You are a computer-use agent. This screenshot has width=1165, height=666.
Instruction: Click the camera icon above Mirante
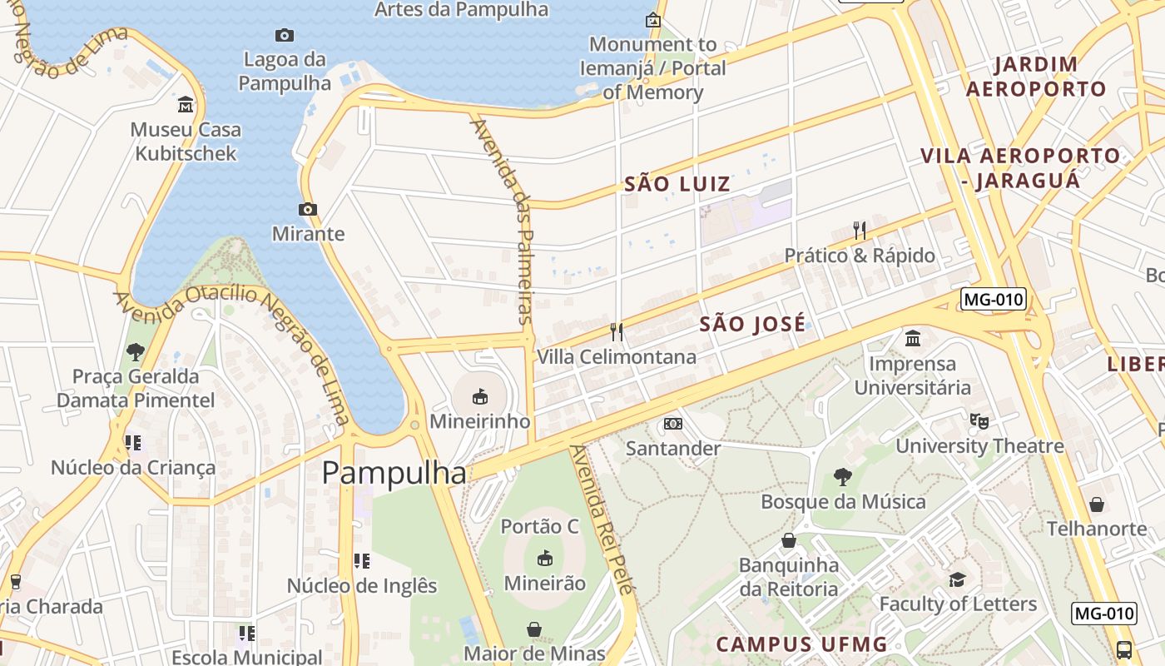[x=307, y=209]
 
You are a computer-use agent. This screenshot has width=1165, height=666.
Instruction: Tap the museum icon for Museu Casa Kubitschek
[x=186, y=105]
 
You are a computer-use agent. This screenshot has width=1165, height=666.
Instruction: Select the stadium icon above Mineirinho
[x=480, y=396]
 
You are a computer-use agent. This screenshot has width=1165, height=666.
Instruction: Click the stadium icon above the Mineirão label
[x=545, y=558]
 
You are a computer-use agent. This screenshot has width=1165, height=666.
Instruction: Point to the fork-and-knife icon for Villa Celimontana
[x=617, y=332]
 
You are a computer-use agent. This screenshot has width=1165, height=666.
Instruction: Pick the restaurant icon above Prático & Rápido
[x=860, y=230]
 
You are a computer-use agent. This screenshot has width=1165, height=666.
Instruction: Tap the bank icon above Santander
[x=673, y=424]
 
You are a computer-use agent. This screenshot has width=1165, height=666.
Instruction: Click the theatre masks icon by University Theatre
[x=979, y=421]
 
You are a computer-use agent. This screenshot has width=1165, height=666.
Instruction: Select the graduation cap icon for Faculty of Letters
[x=958, y=579]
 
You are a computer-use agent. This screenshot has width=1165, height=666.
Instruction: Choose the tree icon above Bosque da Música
[x=843, y=477]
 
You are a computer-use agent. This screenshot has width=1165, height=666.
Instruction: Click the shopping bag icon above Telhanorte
[x=1097, y=504]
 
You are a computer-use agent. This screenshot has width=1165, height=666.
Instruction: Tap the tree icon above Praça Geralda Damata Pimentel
[x=136, y=352]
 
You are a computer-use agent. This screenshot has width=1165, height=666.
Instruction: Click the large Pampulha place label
[x=394, y=473]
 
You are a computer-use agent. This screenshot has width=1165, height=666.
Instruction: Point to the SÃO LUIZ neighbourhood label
[x=677, y=184]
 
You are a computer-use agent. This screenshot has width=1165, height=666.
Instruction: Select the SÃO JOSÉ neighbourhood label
[x=752, y=324]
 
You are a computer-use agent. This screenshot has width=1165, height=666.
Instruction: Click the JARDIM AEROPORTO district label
[x=1037, y=77]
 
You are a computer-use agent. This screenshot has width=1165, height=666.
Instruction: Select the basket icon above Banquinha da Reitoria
[x=789, y=541]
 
